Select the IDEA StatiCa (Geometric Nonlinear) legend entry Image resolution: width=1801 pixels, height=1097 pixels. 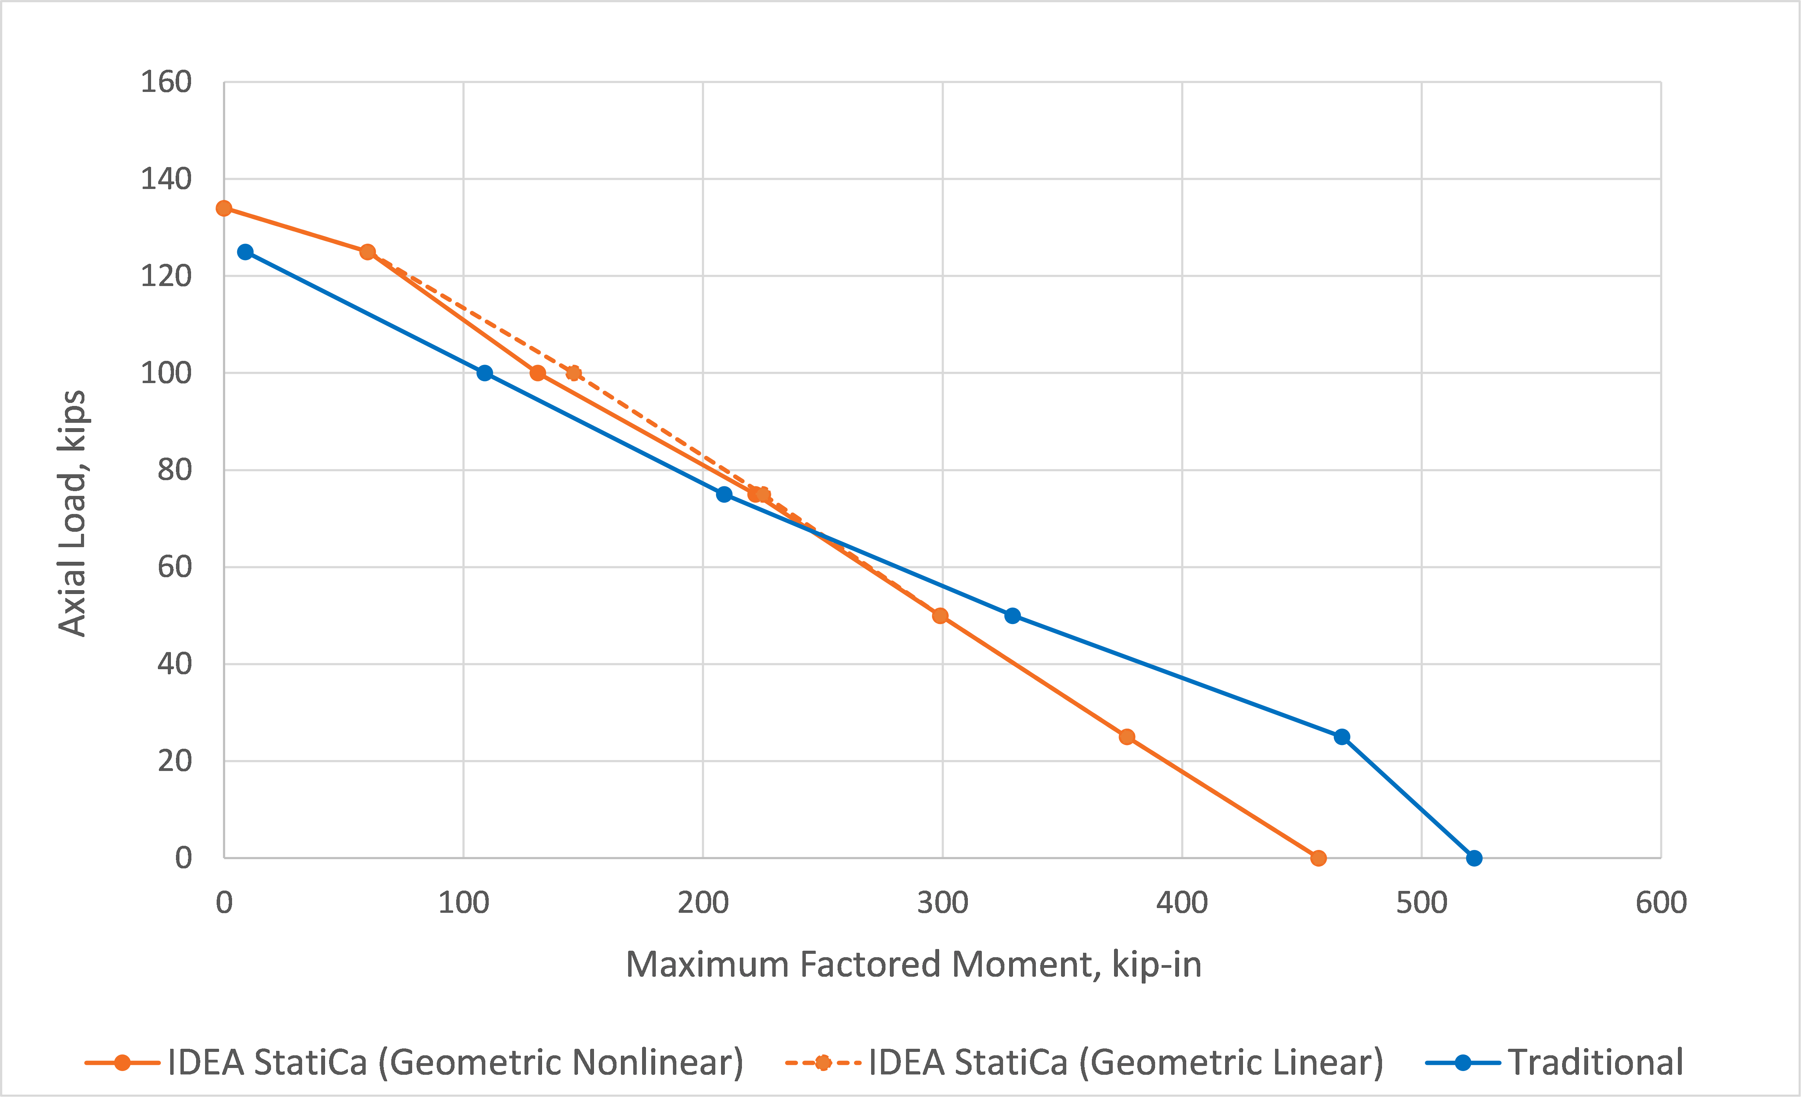[455, 1062]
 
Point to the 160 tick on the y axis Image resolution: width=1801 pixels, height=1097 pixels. [166, 82]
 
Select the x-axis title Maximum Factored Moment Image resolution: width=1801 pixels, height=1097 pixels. [913, 965]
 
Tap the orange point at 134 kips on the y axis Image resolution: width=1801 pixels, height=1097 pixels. [225, 208]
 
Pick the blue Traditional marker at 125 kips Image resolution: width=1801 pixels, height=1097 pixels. [246, 252]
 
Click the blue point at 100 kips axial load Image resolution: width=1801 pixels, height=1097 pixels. [485, 373]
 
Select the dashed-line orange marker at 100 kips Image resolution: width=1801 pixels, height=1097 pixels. [574, 373]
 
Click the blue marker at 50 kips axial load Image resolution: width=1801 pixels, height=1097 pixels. [1012, 615]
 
